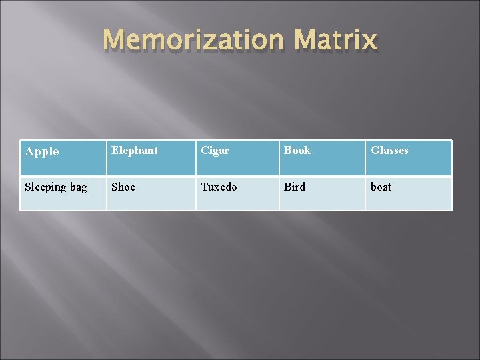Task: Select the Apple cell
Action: point(63,158)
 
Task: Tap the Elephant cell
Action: point(151,158)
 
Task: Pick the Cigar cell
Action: point(237,158)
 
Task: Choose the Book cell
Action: point(321,158)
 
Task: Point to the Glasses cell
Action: point(408,158)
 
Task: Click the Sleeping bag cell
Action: point(63,193)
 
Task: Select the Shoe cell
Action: point(151,193)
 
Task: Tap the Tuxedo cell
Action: point(237,193)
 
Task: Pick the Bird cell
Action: point(321,193)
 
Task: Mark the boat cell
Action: point(408,193)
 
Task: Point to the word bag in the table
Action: point(78,188)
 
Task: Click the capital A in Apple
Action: point(29,151)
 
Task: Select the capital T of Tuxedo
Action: point(205,187)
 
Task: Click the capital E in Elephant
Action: point(115,151)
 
